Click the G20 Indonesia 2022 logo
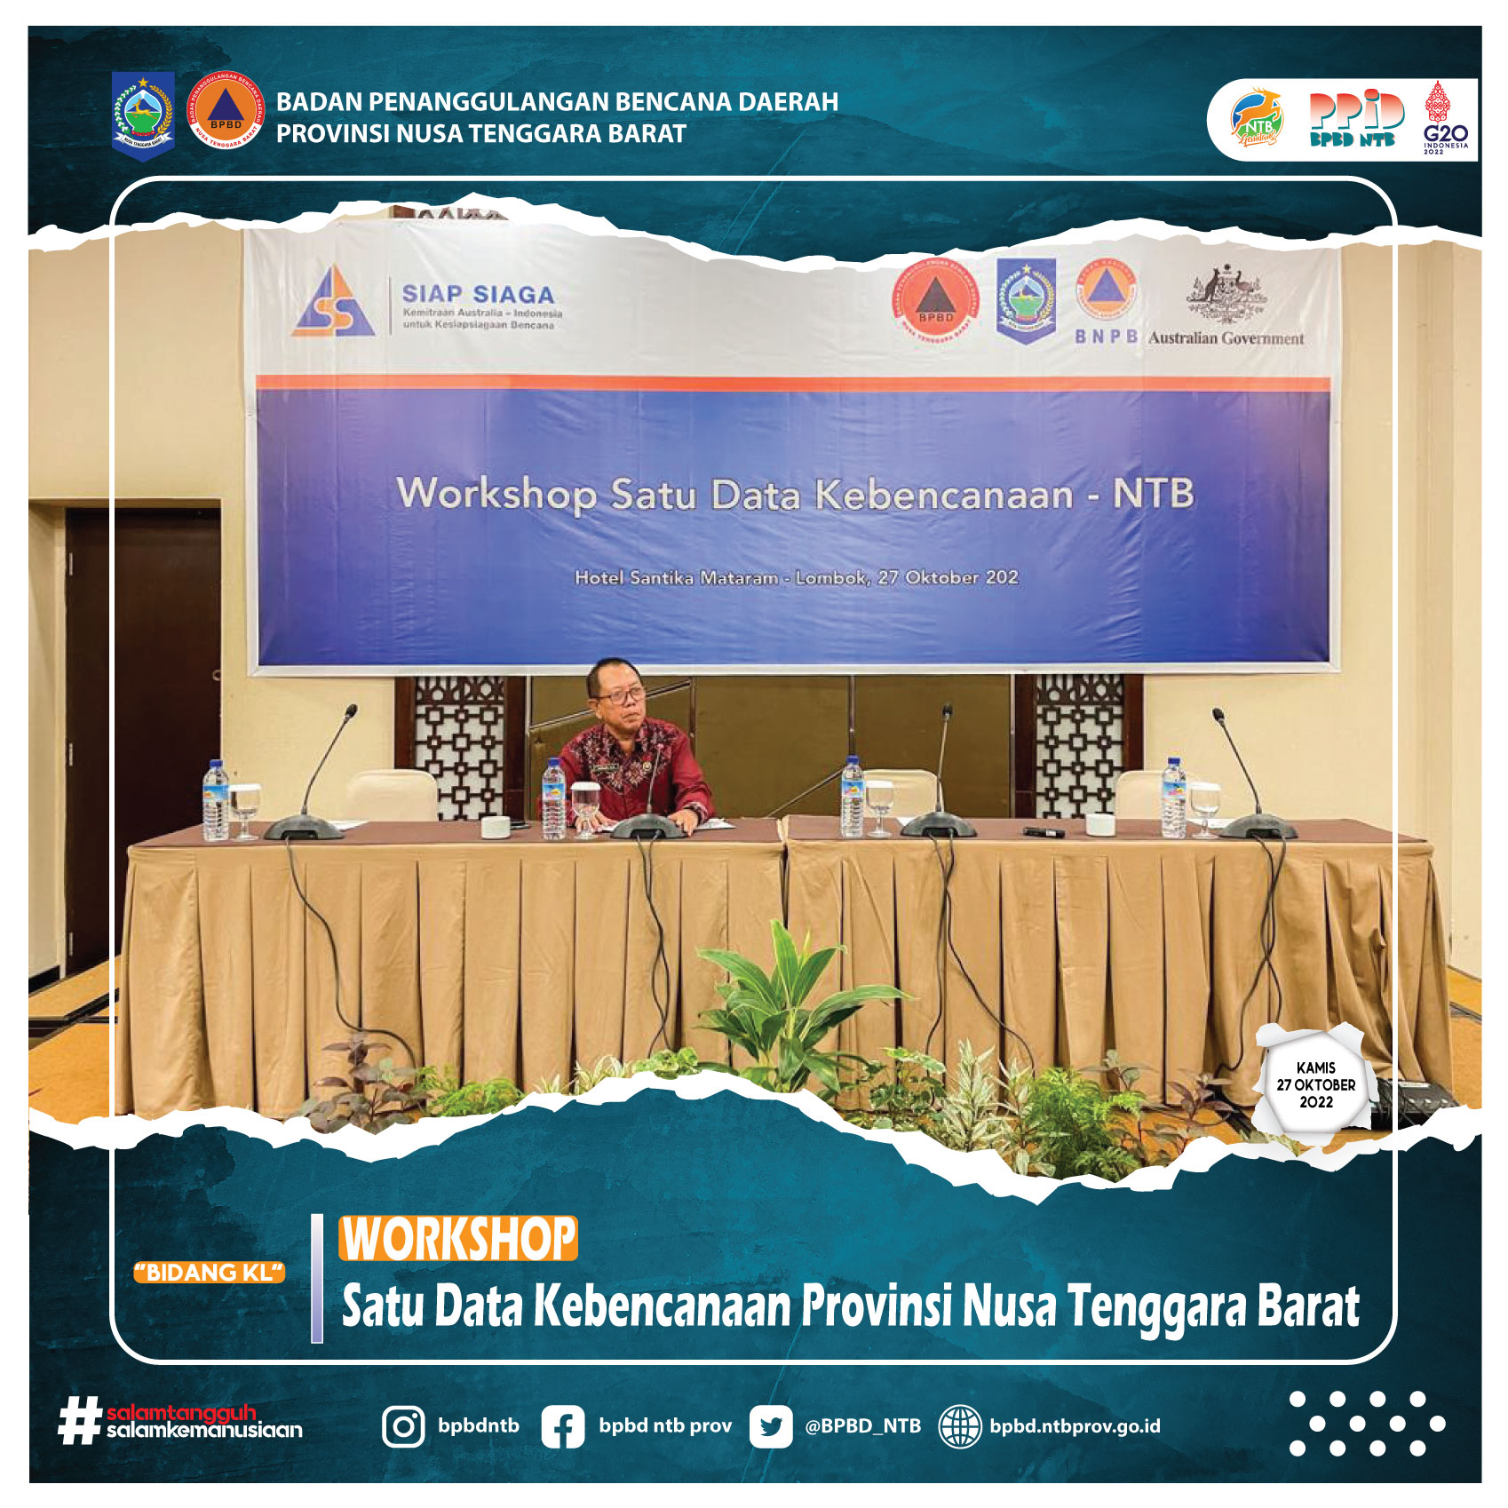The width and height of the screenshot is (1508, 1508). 1446,118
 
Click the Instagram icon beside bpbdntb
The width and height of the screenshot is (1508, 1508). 403,1426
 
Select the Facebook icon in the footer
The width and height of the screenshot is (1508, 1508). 563,1427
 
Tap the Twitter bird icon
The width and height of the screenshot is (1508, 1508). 770,1427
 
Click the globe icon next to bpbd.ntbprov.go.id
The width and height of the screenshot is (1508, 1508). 960,1427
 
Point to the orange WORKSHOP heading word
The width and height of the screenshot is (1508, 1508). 458,1238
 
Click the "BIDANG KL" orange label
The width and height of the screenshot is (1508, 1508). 210,1273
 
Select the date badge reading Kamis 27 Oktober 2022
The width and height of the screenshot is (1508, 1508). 1315,1085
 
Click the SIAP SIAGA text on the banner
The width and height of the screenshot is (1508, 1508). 478,294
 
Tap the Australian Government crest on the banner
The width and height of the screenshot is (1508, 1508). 1226,294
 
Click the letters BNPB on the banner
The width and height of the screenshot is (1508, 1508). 1106,337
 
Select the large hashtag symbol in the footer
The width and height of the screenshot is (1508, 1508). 78,1421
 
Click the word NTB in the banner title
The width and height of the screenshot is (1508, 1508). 1153,494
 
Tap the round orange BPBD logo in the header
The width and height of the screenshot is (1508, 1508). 226,110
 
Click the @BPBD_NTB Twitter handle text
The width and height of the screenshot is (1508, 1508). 862,1426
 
